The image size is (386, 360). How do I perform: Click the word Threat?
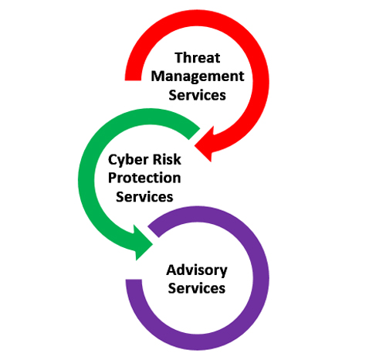pyautogui.click(x=198, y=57)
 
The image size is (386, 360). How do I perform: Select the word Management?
pyautogui.click(x=198, y=76)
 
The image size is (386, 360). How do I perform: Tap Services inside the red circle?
pyautogui.click(x=197, y=95)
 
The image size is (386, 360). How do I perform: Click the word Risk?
pyautogui.click(x=167, y=159)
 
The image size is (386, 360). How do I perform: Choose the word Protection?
pyautogui.click(x=144, y=178)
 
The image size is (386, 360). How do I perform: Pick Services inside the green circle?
pyautogui.click(x=144, y=197)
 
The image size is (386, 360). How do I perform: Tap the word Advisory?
pyautogui.click(x=197, y=270)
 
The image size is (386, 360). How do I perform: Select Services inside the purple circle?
pyautogui.click(x=197, y=288)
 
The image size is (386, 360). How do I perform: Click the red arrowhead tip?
pyautogui.click(x=195, y=146)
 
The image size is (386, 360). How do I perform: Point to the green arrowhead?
pyautogui.click(x=144, y=243)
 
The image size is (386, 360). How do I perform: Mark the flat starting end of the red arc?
pyautogui.click(x=133, y=80)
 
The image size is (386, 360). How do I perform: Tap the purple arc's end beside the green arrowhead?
pyautogui.click(x=154, y=232)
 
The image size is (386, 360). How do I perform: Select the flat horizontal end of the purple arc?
pyautogui.click(x=134, y=280)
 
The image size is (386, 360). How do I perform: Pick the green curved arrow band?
pyautogui.click(x=86, y=180)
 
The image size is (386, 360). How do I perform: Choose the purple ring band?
pyautogui.click(x=261, y=279)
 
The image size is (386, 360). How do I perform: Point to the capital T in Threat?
pyautogui.click(x=179, y=57)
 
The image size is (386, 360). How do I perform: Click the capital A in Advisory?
pyautogui.click(x=172, y=270)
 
